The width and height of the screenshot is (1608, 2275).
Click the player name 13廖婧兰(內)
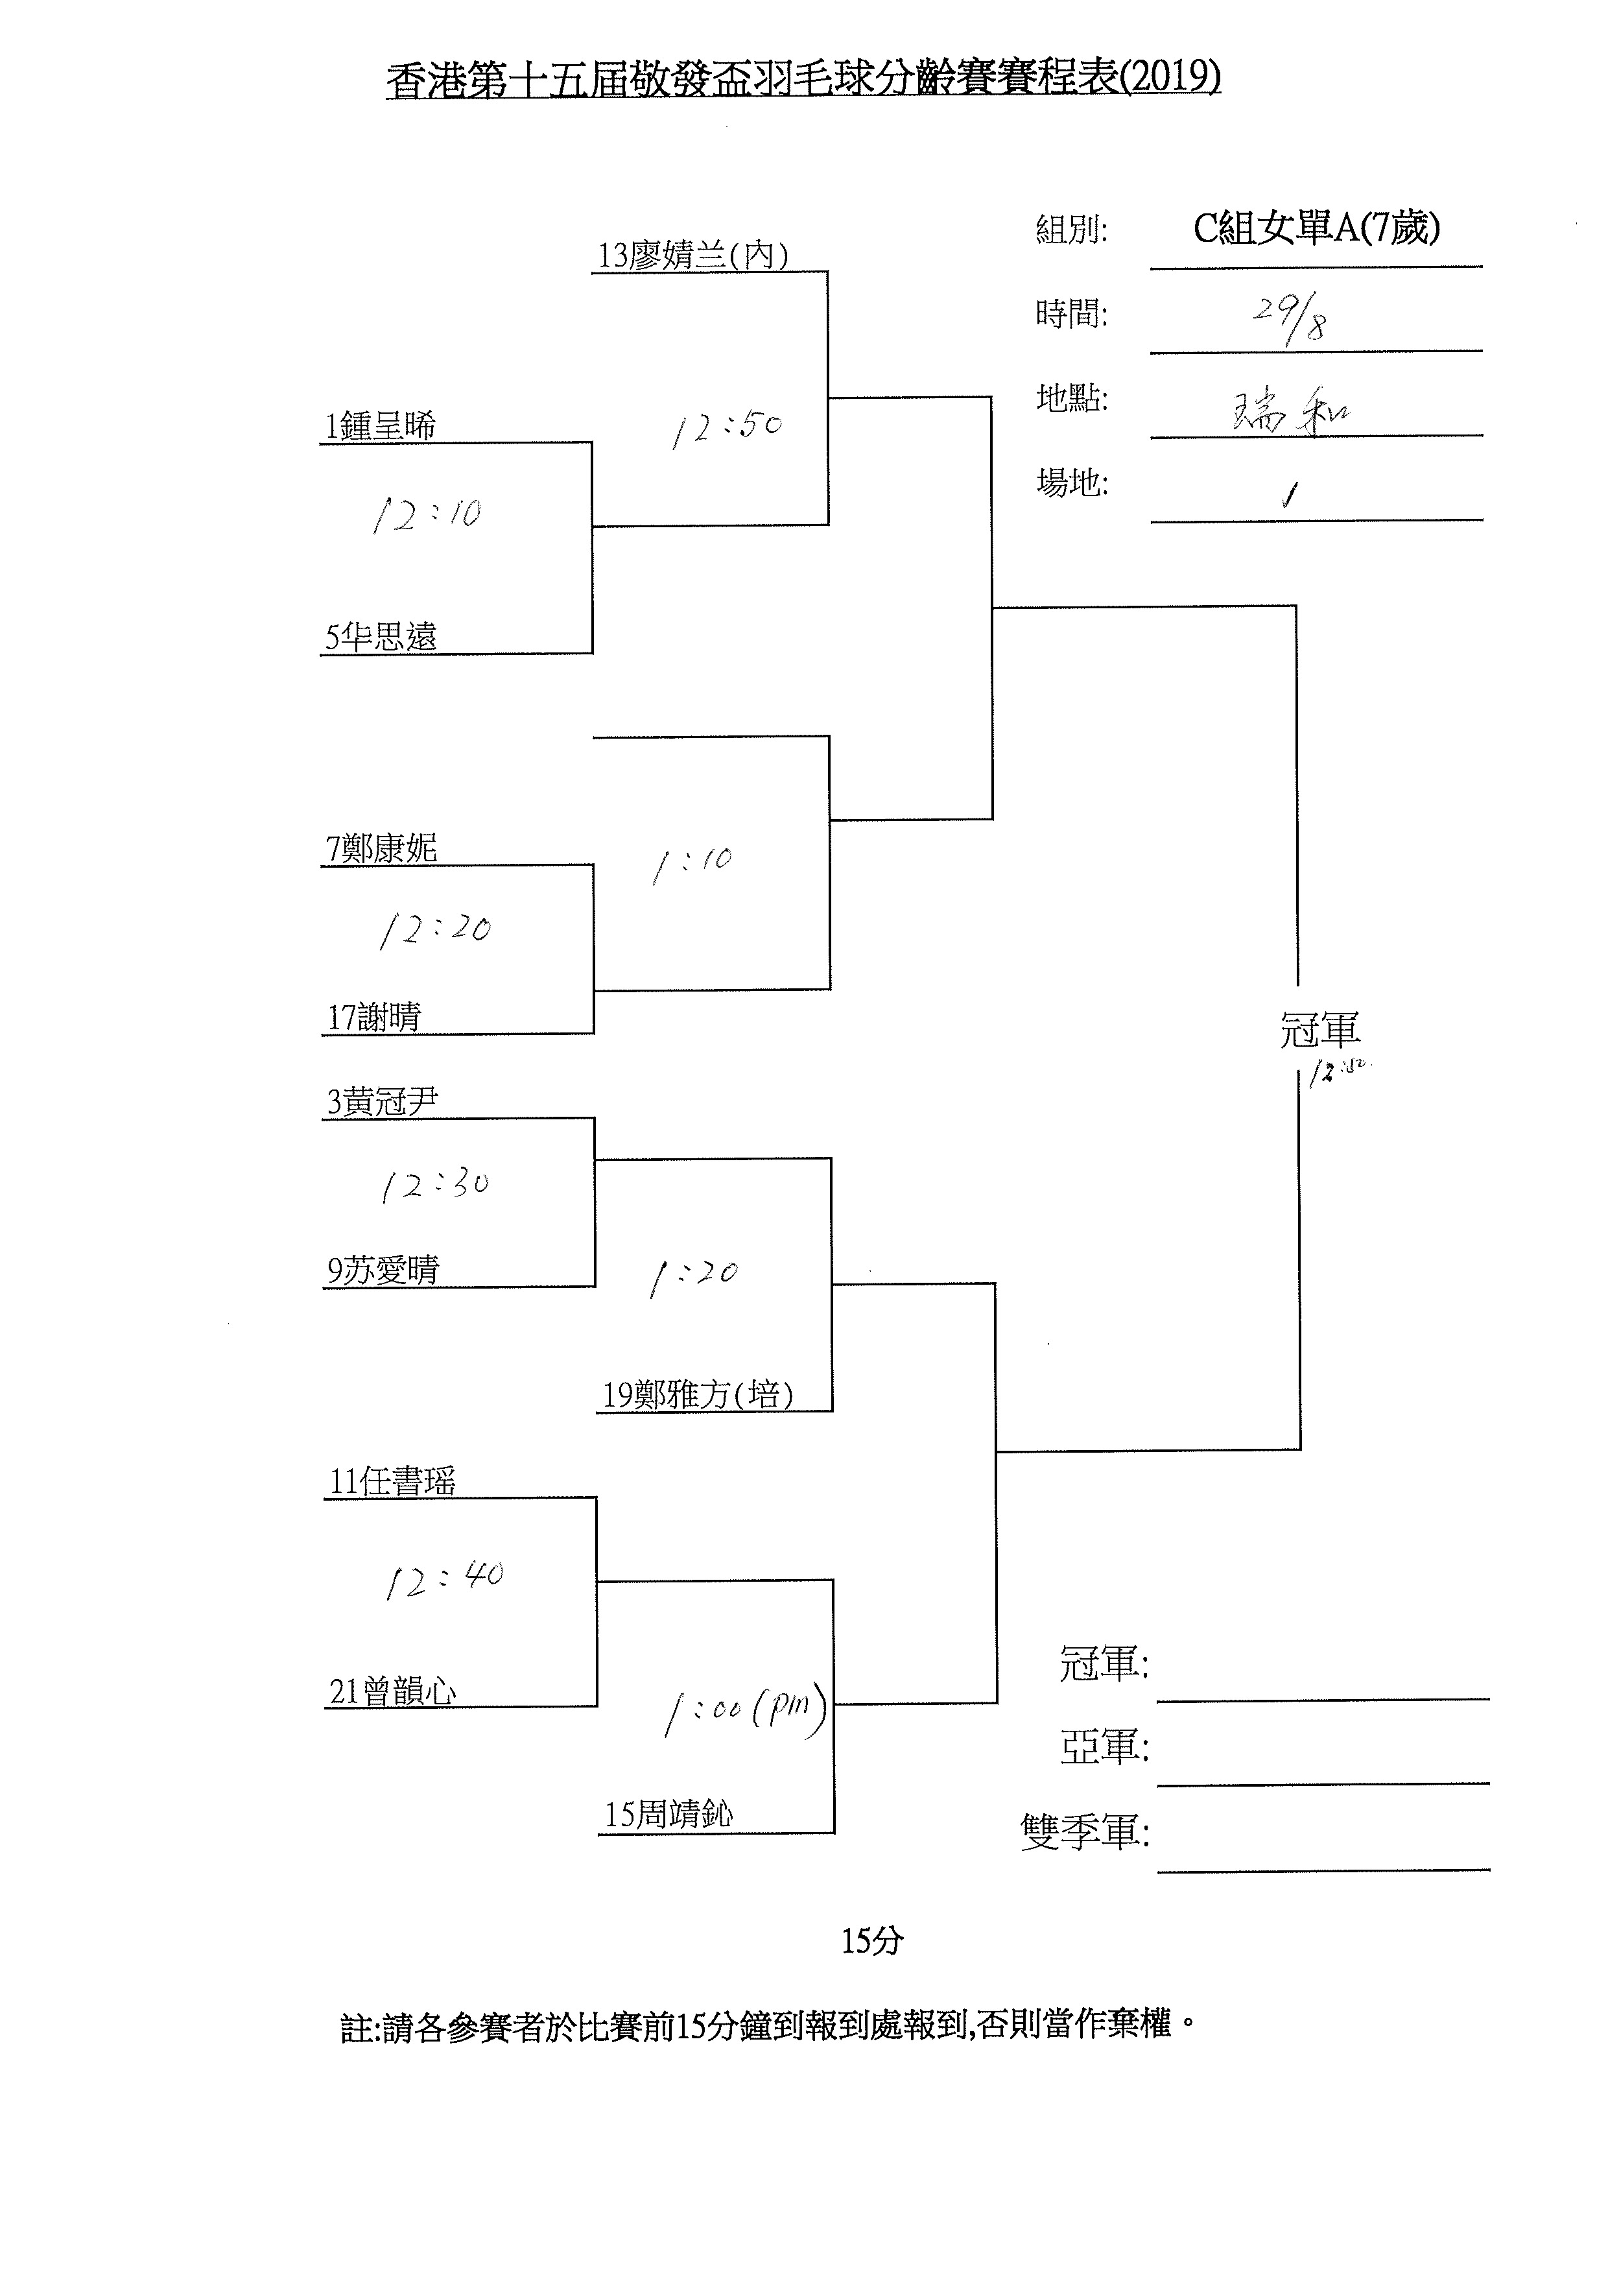[x=692, y=256]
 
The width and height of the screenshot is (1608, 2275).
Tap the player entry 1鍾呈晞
[x=381, y=426]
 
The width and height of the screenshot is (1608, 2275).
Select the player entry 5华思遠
[x=381, y=637]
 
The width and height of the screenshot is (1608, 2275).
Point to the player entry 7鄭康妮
[x=381, y=848]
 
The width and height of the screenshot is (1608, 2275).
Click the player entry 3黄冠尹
[x=383, y=1102]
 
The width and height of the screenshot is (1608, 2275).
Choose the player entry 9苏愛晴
[x=383, y=1270]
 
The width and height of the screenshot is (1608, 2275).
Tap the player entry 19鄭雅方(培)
[x=698, y=1395]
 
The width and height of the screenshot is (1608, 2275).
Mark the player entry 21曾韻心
[x=392, y=1691]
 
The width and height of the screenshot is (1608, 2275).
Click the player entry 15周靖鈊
[x=668, y=1815]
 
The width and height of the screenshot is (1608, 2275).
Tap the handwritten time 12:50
[x=726, y=428]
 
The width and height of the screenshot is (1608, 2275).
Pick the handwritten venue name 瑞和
[x=1290, y=411]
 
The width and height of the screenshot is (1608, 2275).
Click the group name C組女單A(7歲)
[x=1316, y=229]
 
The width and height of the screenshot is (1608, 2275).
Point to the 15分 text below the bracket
[x=872, y=1941]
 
